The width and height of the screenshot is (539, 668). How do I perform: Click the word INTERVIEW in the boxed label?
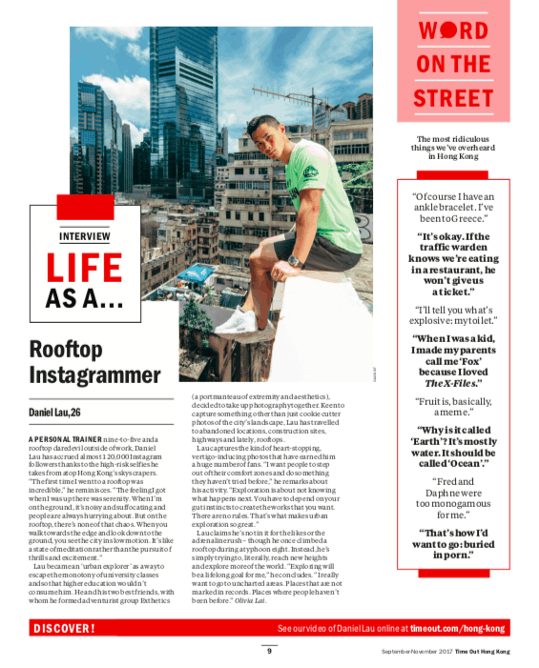coord(84,236)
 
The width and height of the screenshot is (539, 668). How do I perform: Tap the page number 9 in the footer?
coord(269,651)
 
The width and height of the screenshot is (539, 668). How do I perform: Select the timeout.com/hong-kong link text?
coord(458,629)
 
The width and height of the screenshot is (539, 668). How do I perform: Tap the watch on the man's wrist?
coord(294,260)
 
